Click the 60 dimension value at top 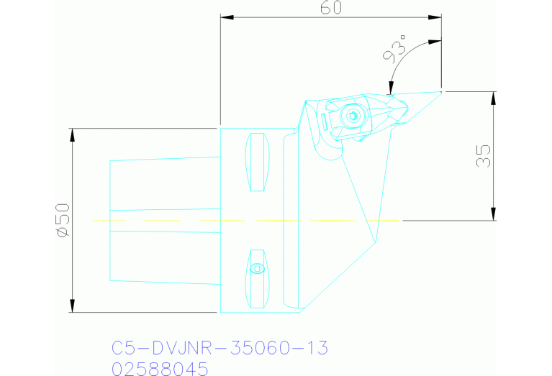330,8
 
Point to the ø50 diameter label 62,220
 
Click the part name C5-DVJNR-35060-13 220,349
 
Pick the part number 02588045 160,369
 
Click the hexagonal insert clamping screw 352,115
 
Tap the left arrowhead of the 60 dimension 225,17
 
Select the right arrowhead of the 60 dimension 435,17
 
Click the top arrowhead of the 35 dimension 493,97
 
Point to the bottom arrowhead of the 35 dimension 493,214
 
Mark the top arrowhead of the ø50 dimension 72,134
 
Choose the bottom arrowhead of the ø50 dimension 72,307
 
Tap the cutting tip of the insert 440,91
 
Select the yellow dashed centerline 245,220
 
